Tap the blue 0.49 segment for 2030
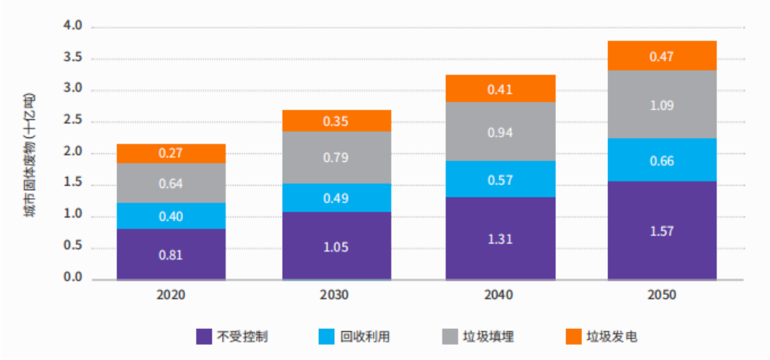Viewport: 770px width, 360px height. (x=336, y=197)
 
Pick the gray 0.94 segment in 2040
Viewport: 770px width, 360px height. (x=500, y=132)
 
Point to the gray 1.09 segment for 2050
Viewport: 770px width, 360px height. (x=662, y=104)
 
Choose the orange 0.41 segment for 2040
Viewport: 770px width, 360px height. (x=500, y=89)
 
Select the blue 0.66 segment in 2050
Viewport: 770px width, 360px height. (x=662, y=160)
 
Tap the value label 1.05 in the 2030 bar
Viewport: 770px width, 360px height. (x=336, y=247)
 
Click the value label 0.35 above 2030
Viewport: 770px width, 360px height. (x=336, y=121)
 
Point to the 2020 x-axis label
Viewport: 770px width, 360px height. (x=171, y=296)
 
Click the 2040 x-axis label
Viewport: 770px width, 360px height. (x=500, y=296)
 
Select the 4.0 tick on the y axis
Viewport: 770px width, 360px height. (x=74, y=26)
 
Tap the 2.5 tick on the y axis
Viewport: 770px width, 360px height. (x=74, y=121)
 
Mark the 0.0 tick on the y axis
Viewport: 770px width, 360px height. (x=74, y=278)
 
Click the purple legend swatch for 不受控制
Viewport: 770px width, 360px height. (x=205, y=336)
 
